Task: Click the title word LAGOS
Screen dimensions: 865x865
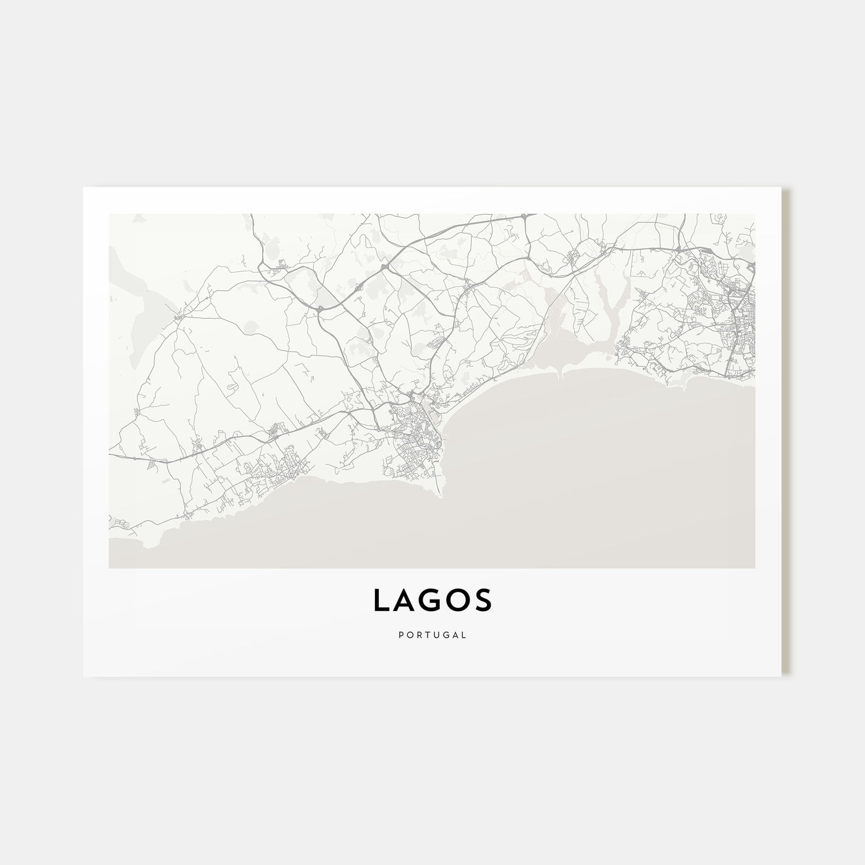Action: [x=432, y=600]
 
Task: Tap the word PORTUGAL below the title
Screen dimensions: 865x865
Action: [x=432, y=635]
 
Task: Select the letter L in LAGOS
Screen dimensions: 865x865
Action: [x=381, y=600]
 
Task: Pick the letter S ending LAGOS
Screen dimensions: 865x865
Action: [x=483, y=600]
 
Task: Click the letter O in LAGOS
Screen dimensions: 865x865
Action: [x=458, y=600]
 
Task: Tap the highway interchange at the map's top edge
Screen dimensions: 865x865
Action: [x=523, y=217]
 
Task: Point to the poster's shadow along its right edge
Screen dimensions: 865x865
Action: [x=786, y=432]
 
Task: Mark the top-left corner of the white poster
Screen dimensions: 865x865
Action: [x=84, y=188]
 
